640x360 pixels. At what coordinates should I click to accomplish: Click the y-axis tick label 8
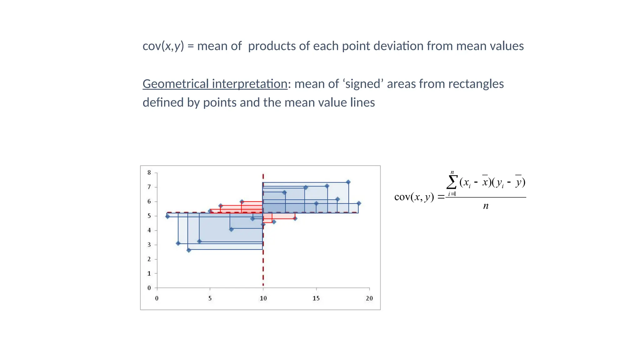tap(149, 172)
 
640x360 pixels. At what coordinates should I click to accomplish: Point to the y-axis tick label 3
tap(149, 245)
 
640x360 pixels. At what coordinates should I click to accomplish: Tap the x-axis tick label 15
tap(316, 298)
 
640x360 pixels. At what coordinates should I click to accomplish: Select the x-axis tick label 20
tap(369, 298)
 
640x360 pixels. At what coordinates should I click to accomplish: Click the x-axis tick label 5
tap(210, 298)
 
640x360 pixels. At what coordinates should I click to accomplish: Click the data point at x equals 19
tap(359, 203)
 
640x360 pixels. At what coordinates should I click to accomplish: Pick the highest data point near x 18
tap(348, 182)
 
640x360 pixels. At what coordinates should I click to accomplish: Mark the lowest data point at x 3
tap(189, 250)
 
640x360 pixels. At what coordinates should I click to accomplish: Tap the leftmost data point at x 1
tap(167, 216)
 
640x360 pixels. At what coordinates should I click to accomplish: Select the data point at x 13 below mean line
tap(295, 218)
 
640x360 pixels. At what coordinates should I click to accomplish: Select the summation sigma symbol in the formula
tap(452, 182)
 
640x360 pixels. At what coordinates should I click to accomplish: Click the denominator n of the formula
tap(486, 206)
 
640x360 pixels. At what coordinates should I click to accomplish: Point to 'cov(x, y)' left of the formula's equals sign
tap(414, 197)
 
